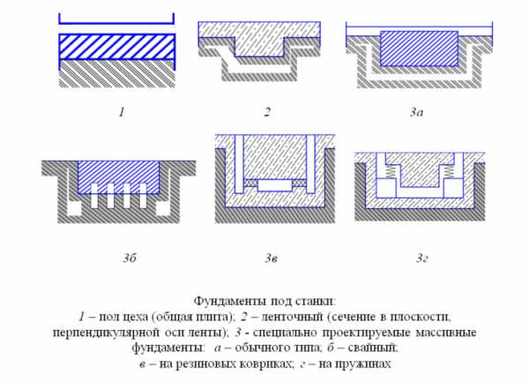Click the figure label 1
pos(122,112)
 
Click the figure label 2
pos(267,112)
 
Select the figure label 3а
pos(417,112)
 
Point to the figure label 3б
pos(130,258)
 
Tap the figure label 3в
pos(272,258)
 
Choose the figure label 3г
pos(422,258)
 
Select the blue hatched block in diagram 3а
pos(419,49)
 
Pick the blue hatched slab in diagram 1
pos(117,47)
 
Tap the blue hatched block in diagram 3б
pos(118,176)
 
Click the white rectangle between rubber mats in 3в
pos(274,185)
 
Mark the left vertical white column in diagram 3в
pos(239,164)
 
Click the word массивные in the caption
pos(445,333)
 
